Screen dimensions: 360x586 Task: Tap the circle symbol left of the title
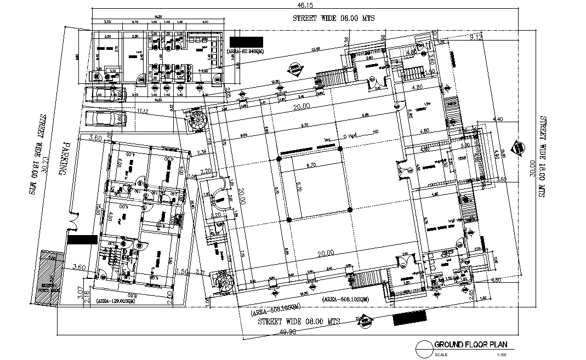point(424,347)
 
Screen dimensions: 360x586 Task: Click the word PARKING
point(64,158)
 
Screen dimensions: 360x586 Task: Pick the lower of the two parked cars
point(103,119)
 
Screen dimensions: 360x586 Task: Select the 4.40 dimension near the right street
point(498,118)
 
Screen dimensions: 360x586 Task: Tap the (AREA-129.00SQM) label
point(116,301)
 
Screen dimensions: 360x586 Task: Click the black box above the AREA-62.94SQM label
point(247,42)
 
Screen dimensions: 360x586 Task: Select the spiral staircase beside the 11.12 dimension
point(196,121)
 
